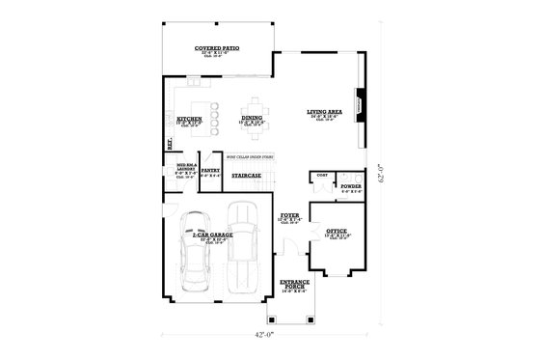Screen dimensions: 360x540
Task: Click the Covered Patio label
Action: pyautogui.click(x=217, y=47)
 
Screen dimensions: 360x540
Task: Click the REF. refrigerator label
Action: pyautogui.click(x=172, y=146)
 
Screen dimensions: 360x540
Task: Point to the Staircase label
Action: pyautogui.click(x=246, y=176)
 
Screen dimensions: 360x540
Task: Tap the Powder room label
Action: pyautogui.click(x=350, y=186)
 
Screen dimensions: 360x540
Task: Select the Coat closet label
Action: pyautogui.click(x=320, y=175)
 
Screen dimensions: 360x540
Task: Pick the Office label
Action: pyautogui.click(x=337, y=232)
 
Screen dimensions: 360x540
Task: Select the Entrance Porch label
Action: pyautogui.click(x=292, y=285)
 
